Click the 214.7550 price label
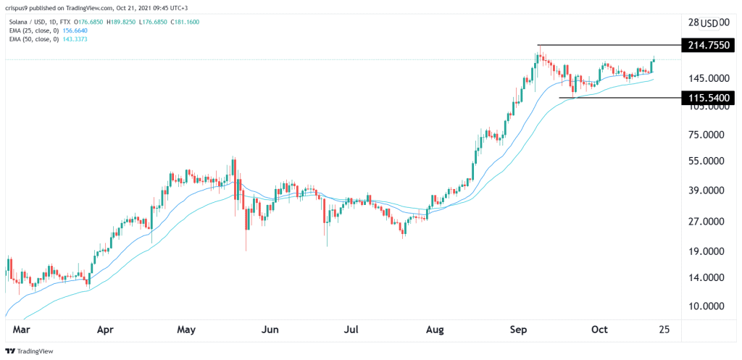(709, 46)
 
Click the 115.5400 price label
(709, 97)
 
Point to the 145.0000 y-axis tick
(708, 78)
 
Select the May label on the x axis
(187, 330)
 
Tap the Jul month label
(351, 330)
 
